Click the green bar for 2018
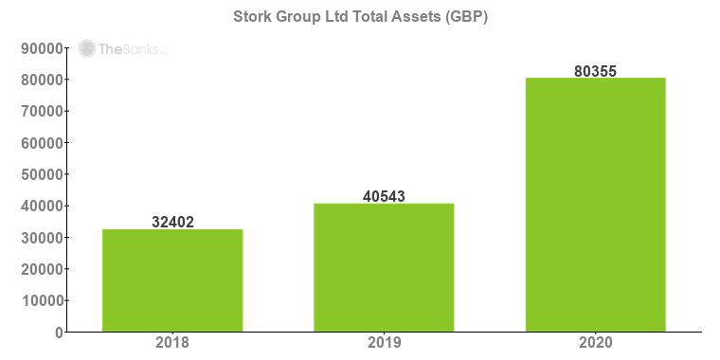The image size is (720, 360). [x=172, y=280]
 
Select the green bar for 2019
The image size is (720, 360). [x=384, y=267]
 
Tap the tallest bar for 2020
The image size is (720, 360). [x=595, y=204]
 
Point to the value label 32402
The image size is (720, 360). [x=172, y=223]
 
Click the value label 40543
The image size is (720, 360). [x=384, y=197]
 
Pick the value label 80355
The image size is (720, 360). [x=595, y=71]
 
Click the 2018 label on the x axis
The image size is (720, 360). [x=172, y=342]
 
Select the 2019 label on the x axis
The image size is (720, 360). [x=384, y=342]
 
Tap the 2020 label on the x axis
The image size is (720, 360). [x=595, y=342]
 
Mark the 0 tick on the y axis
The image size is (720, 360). [x=58, y=333]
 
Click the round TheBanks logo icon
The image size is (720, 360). [x=87, y=49]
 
